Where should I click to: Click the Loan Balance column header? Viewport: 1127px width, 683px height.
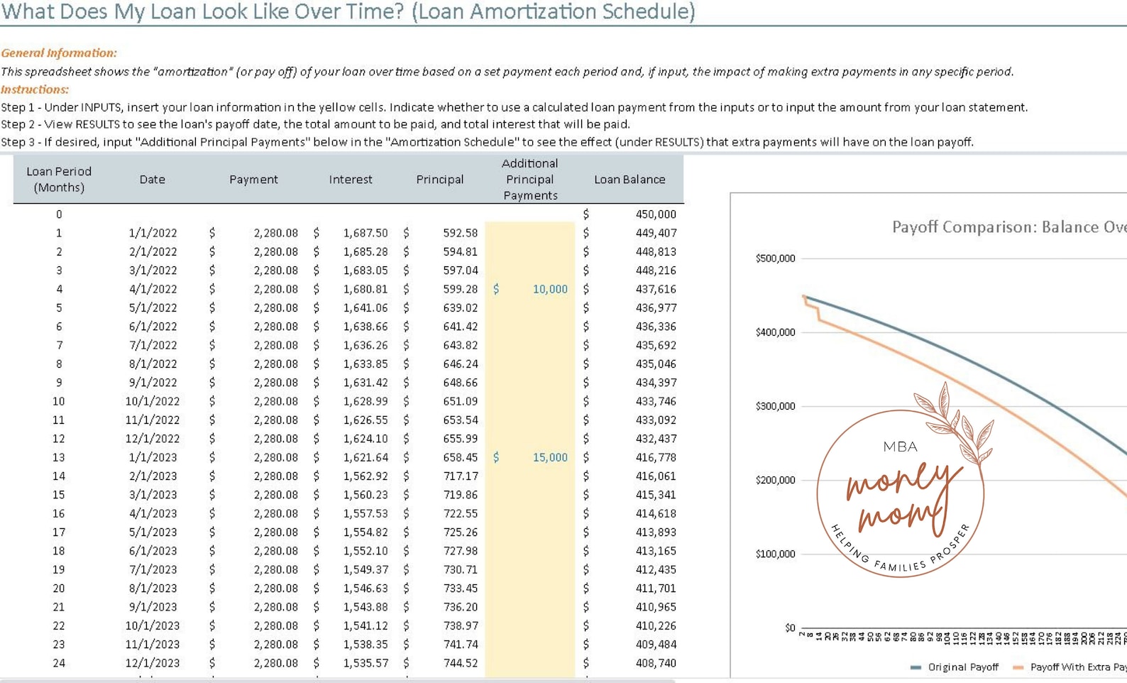click(x=630, y=180)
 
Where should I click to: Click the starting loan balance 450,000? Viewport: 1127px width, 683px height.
click(x=655, y=214)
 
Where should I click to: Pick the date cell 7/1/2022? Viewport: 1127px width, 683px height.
click(x=153, y=345)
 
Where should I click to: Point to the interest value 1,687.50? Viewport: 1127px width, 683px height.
click(x=365, y=233)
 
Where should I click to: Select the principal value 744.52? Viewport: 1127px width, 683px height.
click(x=460, y=663)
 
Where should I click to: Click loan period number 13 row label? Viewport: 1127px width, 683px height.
click(x=58, y=457)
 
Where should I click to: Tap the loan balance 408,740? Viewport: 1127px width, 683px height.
click(x=655, y=663)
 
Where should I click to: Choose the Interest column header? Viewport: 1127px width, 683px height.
click(x=351, y=180)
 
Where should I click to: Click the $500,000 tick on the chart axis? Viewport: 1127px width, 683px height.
click(x=775, y=258)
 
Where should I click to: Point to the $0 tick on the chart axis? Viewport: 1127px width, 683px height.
click(x=790, y=628)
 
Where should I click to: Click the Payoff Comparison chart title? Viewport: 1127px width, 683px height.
click(x=1008, y=227)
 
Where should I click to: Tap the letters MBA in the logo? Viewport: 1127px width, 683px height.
click(x=900, y=447)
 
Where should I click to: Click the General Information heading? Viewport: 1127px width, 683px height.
click(x=59, y=53)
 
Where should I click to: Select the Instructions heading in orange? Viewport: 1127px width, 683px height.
click(x=35, y=89)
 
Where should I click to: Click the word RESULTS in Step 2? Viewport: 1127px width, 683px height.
click(x=97, y=124)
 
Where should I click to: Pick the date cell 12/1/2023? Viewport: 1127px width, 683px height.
click(x=153, y=663)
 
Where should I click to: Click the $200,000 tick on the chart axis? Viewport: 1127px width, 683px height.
click(x=775, y=480)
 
